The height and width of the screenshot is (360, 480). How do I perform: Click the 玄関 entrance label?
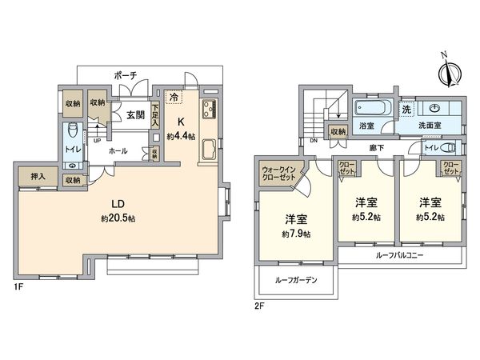(134, 114)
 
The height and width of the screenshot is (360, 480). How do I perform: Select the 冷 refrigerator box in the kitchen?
(174, 97)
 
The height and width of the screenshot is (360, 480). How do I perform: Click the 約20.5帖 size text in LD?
(117, 218)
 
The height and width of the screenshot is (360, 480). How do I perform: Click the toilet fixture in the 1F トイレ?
(72, 129)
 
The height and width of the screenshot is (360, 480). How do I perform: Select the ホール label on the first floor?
(117, 150)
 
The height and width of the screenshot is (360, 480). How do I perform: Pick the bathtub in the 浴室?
(372, 108)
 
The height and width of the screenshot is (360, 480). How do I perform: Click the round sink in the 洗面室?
(435, 107)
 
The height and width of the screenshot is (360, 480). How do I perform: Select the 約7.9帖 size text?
(296, 234)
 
